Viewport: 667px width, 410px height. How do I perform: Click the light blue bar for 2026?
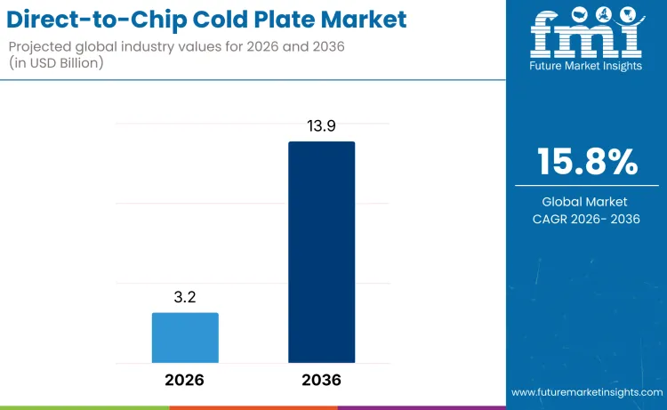tap(185, 338)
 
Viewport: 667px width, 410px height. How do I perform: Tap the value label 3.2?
tap(185, 298)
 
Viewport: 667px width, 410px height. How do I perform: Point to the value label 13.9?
tap(321, 126)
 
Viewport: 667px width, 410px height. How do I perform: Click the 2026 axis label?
tap(185, 380)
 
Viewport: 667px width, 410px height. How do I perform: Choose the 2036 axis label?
tap(321, 380)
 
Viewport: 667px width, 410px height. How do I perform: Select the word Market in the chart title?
tap(364, 19)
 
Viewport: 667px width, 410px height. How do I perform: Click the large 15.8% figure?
tap(586, 162)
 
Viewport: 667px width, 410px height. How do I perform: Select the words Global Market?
tap(586, 202)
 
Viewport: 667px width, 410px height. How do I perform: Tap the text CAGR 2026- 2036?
tap(586, 219)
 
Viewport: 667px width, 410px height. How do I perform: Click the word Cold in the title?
tap(212, 19)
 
